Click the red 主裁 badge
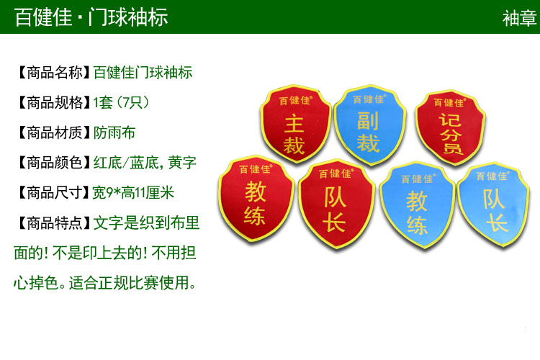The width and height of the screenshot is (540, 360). click(x=295, y=123)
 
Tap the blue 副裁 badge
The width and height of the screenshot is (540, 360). click(x=369, y=125)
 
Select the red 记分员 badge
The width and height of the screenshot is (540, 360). click(x=450, y=127)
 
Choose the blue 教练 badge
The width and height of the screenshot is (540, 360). click(x=418, y=204)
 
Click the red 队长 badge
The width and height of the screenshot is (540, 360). click(x=336, y=203)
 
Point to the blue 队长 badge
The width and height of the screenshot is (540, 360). click(x=493, y=204)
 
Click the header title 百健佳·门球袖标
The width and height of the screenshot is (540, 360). click(x=91, y=17)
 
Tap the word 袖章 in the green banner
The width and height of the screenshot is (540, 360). click(x=519, y=18)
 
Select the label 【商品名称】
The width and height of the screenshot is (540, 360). click(x=53, y=73)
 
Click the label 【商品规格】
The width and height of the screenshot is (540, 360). click(x=53, y=103)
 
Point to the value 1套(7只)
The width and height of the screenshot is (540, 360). click(x=121, y=103)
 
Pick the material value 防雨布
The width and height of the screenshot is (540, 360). click(x=114, y=132)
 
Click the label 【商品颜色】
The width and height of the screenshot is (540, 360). click(x=53, y=163)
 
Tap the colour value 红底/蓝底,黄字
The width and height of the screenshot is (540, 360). click(x=145, y=163)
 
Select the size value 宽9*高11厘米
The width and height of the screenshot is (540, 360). click(x=133, y=192)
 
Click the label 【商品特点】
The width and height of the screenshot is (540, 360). click(x=53, y=222)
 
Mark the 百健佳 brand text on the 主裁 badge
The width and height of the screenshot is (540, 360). click(x=295, y=100)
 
